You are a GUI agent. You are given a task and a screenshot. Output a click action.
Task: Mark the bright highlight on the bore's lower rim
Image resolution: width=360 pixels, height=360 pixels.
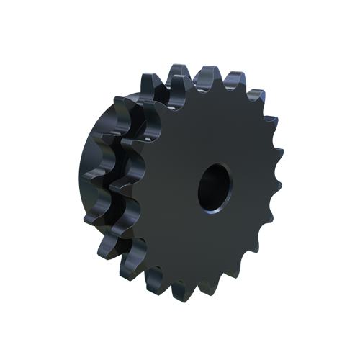[216, 210]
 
